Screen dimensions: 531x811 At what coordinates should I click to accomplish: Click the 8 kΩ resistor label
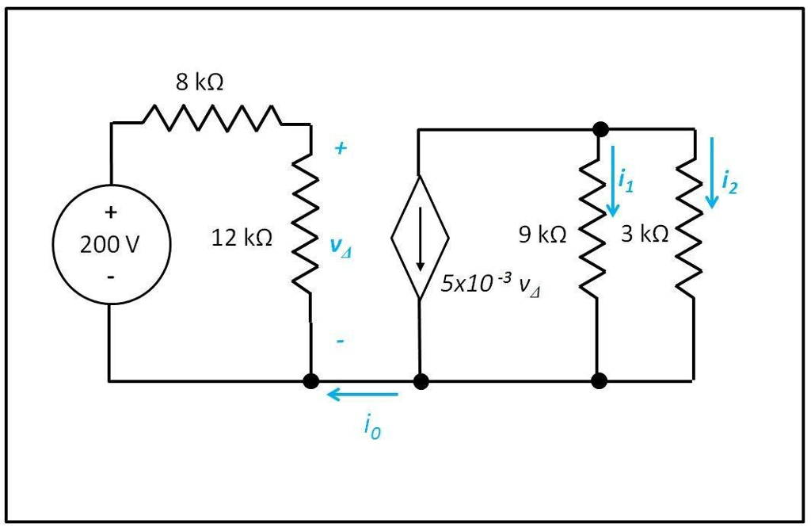point(200,82)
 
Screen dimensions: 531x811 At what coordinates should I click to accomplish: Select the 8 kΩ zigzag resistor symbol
point(211,118)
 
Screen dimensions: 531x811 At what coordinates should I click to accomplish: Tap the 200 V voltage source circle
point(111,244)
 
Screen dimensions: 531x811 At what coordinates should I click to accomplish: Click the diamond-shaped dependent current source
point(420,237)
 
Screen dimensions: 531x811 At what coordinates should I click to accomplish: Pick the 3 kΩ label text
point(644,234)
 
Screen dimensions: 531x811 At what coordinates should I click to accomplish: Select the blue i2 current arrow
point(713,173)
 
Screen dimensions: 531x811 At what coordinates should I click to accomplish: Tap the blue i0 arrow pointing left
point(364,394)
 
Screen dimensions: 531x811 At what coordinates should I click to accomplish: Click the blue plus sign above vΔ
point(339,148)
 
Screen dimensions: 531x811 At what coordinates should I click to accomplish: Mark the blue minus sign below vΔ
point(340,342)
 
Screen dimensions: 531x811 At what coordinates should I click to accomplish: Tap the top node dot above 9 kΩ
point(600,129)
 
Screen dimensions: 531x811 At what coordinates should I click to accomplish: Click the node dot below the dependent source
point(421,381)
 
